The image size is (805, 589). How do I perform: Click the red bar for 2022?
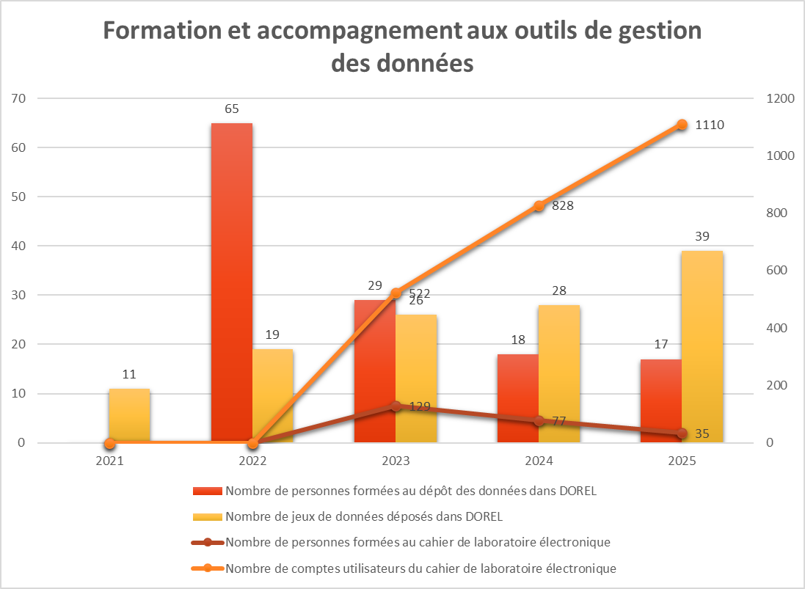232,282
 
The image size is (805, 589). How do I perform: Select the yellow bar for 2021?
129,415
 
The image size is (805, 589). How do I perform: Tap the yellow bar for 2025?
702,346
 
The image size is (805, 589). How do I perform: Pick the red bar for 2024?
518,398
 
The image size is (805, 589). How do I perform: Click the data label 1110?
710,125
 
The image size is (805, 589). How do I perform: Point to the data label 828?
562,206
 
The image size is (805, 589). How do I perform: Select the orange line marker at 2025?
682,125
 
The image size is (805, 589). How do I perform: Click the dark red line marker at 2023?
396,406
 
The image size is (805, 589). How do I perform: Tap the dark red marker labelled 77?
539,421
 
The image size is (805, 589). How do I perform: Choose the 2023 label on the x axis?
396,462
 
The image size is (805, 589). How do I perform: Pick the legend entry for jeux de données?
364,516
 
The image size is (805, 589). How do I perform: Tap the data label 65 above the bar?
232,109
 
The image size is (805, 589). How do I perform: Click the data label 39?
702,237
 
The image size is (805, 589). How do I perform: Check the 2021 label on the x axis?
109,462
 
